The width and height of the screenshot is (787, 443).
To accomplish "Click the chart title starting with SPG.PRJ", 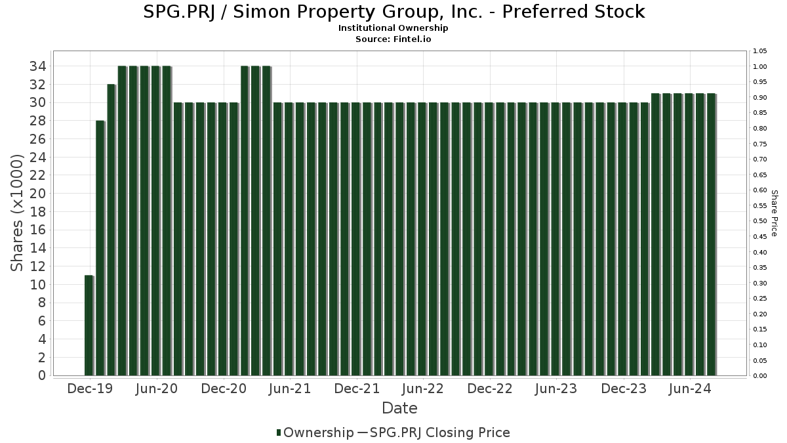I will [x=393, y=12].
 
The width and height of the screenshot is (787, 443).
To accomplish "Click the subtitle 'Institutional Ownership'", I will [x=393, y=28].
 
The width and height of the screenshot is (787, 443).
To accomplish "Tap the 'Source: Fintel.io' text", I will [x=393, y=39].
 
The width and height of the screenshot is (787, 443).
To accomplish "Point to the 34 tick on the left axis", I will [x=37, y=66].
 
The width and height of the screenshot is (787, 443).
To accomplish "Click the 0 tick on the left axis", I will [x=41, y=375].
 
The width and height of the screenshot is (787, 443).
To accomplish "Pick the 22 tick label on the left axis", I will [x=37, y=175].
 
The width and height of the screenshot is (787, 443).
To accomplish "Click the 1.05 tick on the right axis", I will [x=759, y=51].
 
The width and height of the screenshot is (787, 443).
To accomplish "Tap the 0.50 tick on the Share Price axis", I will [x=759, y=221].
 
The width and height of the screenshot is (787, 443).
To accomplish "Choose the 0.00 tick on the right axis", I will [x=759, y=376].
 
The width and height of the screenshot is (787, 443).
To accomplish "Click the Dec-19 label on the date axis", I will [x=91, y=389].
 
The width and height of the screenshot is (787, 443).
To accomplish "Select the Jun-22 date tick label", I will [x=423, y=389].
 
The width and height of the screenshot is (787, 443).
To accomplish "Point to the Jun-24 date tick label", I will [x=689, y=389].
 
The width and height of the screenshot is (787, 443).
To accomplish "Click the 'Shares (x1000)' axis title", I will [x=18, y=213].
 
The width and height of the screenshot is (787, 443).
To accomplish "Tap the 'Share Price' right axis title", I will [x=774, y=213].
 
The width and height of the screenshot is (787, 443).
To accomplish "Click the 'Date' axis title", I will [x=399, y=408].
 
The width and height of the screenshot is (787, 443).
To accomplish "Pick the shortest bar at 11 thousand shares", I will [x=89, y=326].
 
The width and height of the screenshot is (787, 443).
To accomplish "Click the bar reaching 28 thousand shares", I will [x=100, y=248].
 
